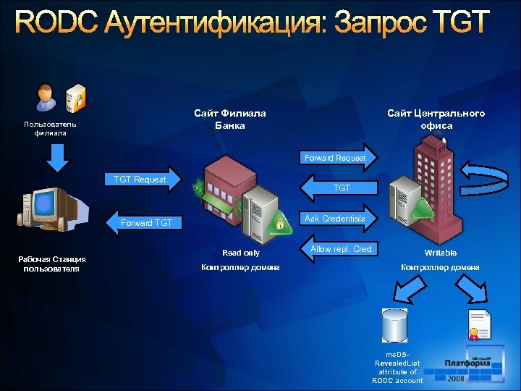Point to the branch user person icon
(45, 99)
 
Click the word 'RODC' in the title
(54, 23)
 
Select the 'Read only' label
(241, 253)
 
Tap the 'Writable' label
(440, 253)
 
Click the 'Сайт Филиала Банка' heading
(230, 119)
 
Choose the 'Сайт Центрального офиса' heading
(436, 119)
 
